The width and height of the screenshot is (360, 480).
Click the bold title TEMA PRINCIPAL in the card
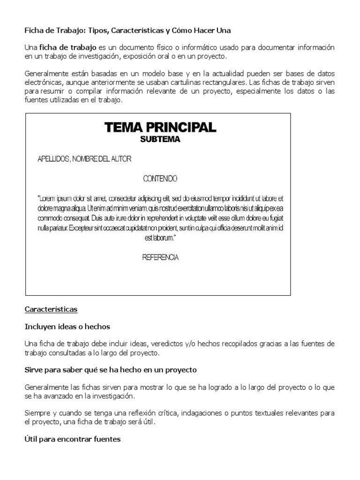point(160,127)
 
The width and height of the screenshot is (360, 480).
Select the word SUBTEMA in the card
point(160,139)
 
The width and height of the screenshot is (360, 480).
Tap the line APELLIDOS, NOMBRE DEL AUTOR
point(84,159)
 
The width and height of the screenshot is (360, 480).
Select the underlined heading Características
point(51,310)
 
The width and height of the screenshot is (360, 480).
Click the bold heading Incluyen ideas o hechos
point(67,327)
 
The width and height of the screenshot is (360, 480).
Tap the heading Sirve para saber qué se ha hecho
point(110,370)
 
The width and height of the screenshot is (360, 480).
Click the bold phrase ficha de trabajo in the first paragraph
point(68,48)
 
